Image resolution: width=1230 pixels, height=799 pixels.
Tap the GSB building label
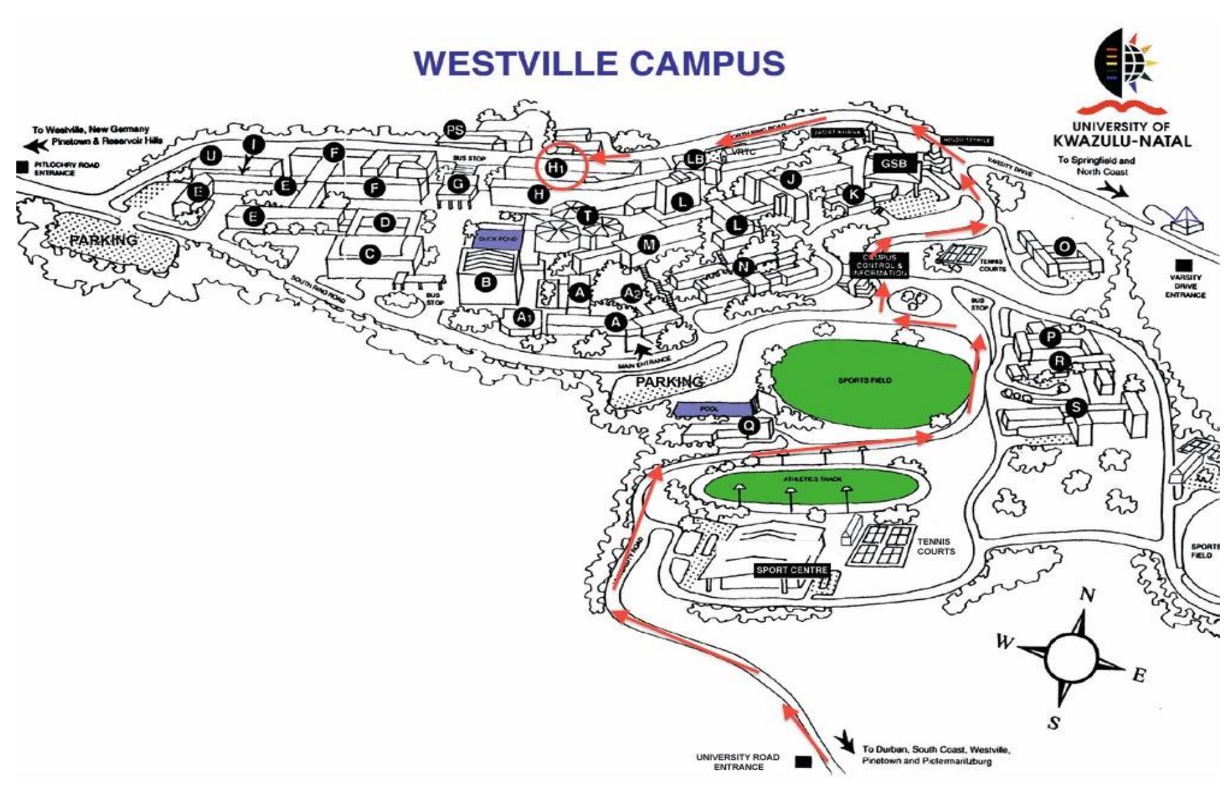coord(894,164)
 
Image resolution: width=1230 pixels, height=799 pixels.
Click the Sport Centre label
coord(792,570)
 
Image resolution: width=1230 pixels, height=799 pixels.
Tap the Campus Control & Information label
coord(879,265)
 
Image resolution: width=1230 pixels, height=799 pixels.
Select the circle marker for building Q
coord(749,426)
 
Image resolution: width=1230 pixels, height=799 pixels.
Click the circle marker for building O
coord(1064,246)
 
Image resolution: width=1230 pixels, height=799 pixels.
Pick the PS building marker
coord(455,130)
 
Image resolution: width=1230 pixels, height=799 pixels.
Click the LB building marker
coord(695,160)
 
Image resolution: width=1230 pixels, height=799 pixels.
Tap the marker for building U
coord(211,156)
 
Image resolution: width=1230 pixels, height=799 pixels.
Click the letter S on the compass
coord(1054,723)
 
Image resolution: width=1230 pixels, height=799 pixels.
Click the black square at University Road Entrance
coord(803,762)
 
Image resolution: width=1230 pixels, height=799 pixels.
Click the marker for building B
coord(485,281)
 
